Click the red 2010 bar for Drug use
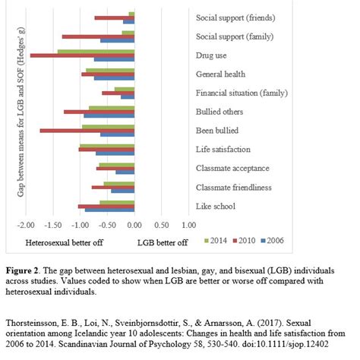point(82,55)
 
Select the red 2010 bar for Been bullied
point(87,131)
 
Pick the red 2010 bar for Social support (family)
point(98,36)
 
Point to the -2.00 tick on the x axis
point(25,226)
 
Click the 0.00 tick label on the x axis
point(134,226)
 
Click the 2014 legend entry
point(216,242)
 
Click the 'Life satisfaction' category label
point(223,150)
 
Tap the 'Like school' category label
point(215,206)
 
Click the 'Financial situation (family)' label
point(235,93)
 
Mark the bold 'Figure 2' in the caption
point(25,270)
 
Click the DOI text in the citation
point(293,343)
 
